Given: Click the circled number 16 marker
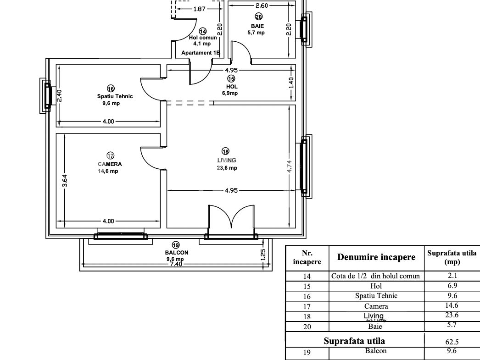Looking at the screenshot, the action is [111, 89].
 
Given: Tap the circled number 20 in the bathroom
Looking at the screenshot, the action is [258, 17].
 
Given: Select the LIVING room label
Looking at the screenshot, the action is [227, 160].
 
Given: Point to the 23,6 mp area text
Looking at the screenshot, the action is [227, 167].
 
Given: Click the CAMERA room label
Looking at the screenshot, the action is [110, 164].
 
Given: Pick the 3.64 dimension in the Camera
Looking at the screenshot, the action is [65, 181].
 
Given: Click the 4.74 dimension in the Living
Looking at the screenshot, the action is [289, 166].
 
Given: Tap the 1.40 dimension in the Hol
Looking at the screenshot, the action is [291, 83].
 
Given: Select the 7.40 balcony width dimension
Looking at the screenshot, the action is [176, 264].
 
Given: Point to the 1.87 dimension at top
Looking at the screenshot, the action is [199, 9].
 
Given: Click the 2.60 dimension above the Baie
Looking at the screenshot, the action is [262, 5].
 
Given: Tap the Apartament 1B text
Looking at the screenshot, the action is [201, 53].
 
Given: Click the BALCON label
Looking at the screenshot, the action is [177, 253].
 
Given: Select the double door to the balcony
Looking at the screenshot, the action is [231, 217].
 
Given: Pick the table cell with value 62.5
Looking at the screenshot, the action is [452, 342].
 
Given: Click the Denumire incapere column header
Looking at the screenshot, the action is [376, 257].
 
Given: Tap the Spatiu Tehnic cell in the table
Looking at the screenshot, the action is [376, 296].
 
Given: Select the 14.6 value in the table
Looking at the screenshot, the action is [452, 305].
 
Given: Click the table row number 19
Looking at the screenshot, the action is [307, 352].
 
